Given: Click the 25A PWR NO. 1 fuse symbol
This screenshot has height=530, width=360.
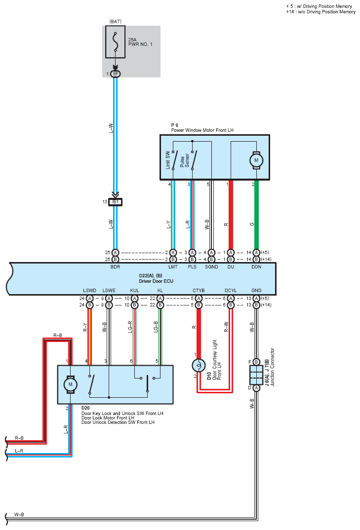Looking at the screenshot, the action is click(x=116, y=42).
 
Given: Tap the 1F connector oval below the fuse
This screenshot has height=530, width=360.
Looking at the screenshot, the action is click(x=116, y=74).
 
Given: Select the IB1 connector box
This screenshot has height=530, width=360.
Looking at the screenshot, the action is click(x=116, y=202).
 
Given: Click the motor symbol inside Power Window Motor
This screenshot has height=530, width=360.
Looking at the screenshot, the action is click(x=256, y=160).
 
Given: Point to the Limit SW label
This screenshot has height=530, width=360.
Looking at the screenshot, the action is click(x=168, y=160).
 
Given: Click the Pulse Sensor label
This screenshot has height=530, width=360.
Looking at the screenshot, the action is click(x=184, y=160).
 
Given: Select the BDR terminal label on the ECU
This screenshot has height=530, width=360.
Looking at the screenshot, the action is click(x=116, y=266).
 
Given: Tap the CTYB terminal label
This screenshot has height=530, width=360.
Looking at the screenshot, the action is click(x=199, y=290).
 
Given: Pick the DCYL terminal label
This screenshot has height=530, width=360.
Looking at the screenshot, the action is click(x=231, y=290).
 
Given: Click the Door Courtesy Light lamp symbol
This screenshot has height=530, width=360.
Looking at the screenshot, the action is click(x=199, y=365).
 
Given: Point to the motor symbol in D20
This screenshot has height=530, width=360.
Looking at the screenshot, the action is click(x=71, y=384).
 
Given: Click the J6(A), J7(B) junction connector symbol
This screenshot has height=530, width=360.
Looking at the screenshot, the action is click(x=256, y=375).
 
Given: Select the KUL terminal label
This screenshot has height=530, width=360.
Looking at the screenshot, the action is click(x=135, y=290).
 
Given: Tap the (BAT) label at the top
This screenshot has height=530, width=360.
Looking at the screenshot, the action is click(x=116, y=21).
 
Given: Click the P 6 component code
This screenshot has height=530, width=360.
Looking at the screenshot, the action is click(x=175, y=125).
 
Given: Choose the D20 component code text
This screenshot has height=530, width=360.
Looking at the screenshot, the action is click(x=85, y=408).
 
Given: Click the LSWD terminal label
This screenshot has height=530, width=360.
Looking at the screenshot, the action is click(x=90, y=290).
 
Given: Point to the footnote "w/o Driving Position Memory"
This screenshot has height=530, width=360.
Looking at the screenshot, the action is click(x=327, y=12).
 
